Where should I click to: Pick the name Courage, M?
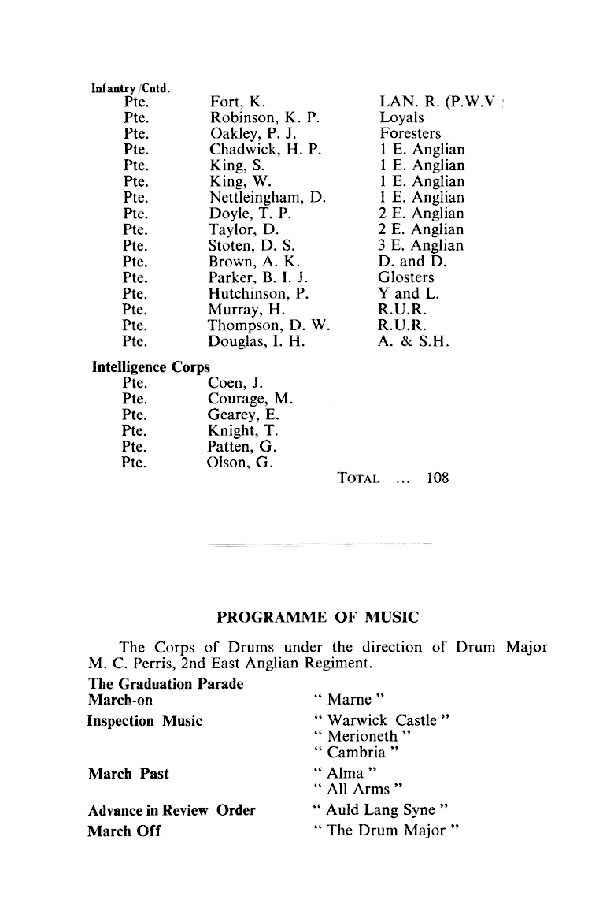click(250, 399)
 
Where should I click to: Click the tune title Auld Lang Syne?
click(379, 810)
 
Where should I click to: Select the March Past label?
click(128, 774)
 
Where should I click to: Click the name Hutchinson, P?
click(257, 293)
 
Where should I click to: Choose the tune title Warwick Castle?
click(381, 720)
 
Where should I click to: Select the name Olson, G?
click(240, 463)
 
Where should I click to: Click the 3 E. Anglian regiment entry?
click(422, 245)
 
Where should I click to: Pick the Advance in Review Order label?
click(171, 810)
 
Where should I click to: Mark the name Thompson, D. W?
click(267, 325)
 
